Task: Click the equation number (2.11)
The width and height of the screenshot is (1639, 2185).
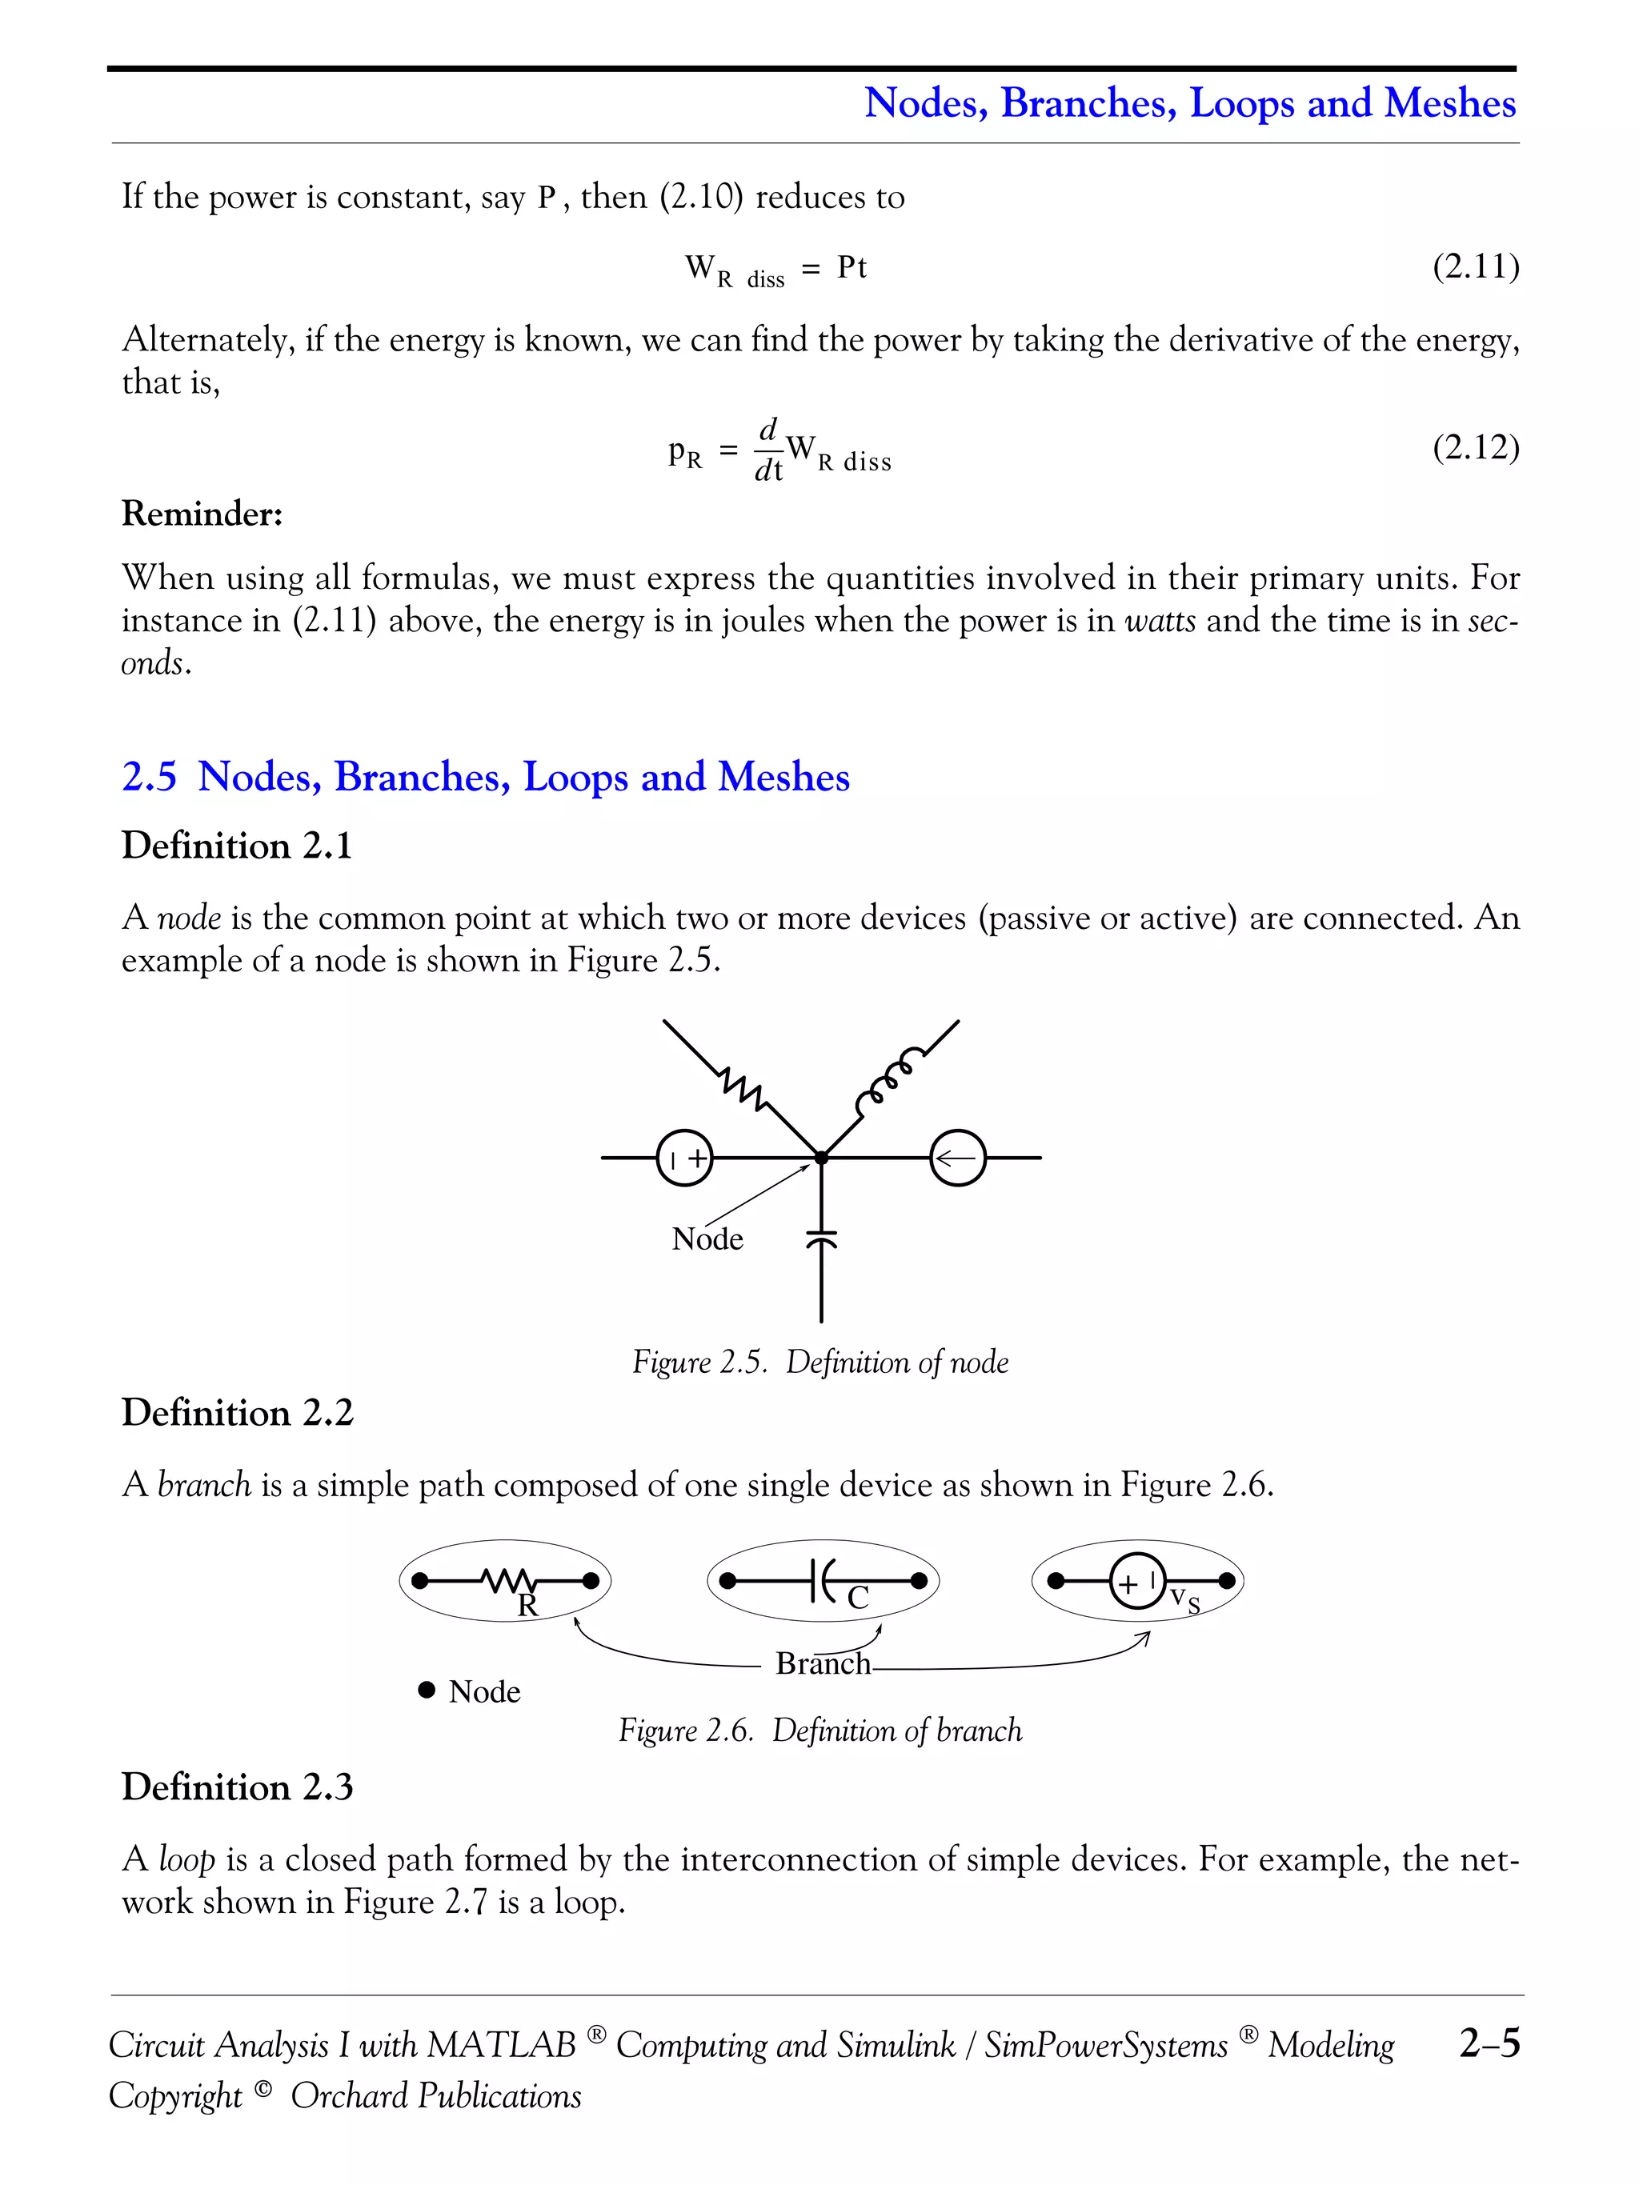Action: click(x=1475, y=266)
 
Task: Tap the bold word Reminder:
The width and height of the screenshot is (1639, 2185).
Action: click(x=202, y=514)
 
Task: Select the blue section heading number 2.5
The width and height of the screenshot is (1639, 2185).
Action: click(x=149, y=776)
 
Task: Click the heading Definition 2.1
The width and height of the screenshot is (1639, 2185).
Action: click(x=236, y=846)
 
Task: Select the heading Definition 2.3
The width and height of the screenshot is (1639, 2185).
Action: click(x=236, y=1787)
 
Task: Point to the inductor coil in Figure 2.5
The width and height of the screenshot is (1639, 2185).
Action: click(x=891, y=1077)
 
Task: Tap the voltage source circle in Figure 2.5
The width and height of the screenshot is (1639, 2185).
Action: click(x=684, y=1158)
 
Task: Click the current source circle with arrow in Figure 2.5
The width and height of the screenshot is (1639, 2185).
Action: click(x=957, y=1158)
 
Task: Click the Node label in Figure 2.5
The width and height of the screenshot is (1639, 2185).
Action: click(x=707, y=1239)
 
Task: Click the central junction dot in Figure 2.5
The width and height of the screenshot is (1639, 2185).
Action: click(x=821, y=1158)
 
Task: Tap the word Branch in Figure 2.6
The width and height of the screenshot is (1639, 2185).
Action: click(x=822, y=1664)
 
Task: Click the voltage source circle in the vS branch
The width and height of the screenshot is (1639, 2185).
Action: click(x=1137, y=1582)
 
